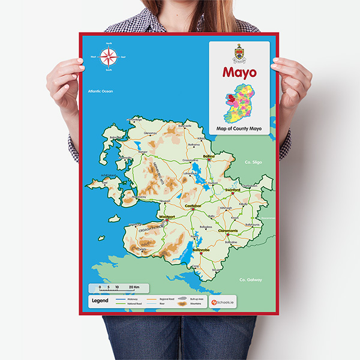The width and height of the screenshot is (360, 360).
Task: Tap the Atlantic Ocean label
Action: [x=100, y=91]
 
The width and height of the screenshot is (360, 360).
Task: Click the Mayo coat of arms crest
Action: [x=239, y=53]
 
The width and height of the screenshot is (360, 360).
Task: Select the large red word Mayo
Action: [x=239, y=73]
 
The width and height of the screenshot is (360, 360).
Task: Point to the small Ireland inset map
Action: [x=239, y=103]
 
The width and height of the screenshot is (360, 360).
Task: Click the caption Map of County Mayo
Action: [x=239, y=128]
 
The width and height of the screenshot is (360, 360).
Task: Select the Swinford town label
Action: [x=233, y=190]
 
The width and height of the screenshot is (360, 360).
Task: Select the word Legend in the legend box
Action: [x=100, y=300]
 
